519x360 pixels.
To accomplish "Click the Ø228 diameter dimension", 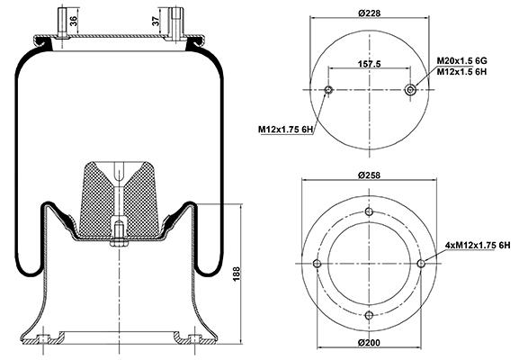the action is coord(370,13).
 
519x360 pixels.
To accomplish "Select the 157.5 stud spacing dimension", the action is coord(370,64).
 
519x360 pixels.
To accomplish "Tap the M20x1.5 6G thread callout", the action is coord(461,61).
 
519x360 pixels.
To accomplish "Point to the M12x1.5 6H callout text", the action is coord(461,71).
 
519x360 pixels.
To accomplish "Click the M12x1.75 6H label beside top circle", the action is coord(285,130).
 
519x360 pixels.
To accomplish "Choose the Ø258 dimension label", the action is coord(370,175).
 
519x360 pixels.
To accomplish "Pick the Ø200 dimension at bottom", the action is coord(369,342).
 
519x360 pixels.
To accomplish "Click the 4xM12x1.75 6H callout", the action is coord(478,246).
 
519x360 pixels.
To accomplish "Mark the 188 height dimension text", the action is coord(237,274).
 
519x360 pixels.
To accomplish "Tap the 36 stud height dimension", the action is coord(74,22).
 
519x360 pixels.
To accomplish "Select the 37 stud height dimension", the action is coord(156,21).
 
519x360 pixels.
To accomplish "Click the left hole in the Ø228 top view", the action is coord(328,90).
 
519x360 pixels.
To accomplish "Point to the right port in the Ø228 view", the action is coord(411,90).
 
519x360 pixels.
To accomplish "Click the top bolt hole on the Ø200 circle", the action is coord(369,211).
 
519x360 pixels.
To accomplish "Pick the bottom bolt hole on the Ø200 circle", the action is coord(369,315).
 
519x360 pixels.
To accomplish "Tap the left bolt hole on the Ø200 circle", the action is coord(318,264).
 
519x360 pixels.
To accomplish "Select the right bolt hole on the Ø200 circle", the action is coord(421,264).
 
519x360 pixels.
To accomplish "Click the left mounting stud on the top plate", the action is coord(62,22).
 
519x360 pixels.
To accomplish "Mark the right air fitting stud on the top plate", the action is coord(175,23).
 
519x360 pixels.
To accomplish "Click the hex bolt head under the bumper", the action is coord(119,244).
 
